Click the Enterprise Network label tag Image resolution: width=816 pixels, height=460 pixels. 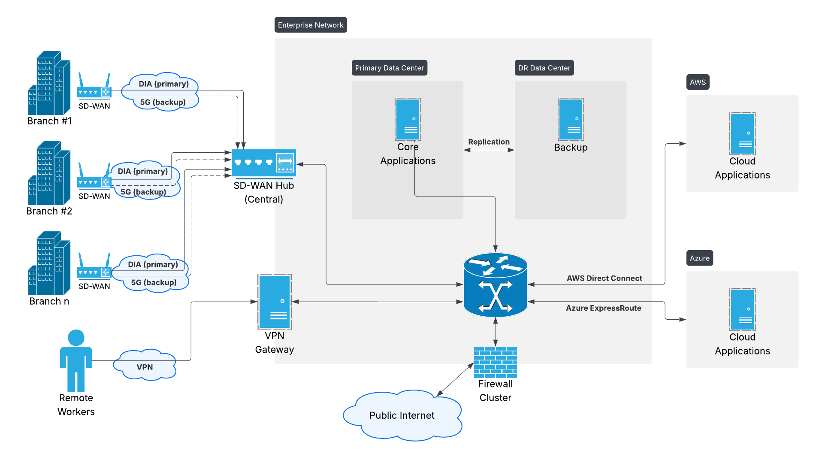pyautogui.click(x=311, y=25)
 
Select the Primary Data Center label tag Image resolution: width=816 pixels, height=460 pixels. pyautogui.click(x=389, y=68)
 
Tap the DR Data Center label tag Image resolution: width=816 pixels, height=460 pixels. pyautogui.click(x=544, y=68)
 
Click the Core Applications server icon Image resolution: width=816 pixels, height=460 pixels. pyautogui.click(x=408, y=119)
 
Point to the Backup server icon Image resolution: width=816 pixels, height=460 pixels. pyautogui.click(x=571, y=119)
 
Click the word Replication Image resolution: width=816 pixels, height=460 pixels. pyautogui.click(x=489, y=142)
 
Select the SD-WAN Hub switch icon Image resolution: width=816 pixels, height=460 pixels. pyautogui.click(x=263, y=163)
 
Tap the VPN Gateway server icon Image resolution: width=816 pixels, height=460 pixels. pyautogui.click(x=275, y=302)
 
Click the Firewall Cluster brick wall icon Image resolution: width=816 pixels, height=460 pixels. pyautogui.click(x=495, y=362)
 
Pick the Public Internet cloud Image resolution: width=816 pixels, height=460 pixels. pyautogui.click(x=402, y=415)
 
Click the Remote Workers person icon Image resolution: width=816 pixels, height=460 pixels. pyautogui.click(x=76, y=360)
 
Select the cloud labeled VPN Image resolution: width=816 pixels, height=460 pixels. pyautogui.click(x=145, y=365)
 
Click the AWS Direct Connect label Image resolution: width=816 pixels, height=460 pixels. pyautogui.click(x=604, y=278)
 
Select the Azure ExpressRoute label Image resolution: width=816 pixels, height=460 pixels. pyautogui.click(x=603, y=308)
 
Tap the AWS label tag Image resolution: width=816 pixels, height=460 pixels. pyautogui.click(x=698, y=82)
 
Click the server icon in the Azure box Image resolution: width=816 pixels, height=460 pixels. pyautogui.click(x=742, y=309)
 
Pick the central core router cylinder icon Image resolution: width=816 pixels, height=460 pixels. pyautogui.click(x=495, y=285)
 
